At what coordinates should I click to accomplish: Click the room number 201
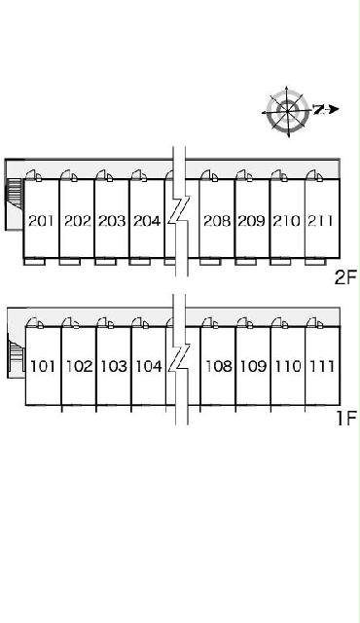coord(41,221)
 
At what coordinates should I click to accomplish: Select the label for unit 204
coord(147,221)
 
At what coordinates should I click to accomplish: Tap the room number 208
coord(217,221)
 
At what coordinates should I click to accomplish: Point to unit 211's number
coord(320,221)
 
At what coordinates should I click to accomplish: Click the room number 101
coord(43,366)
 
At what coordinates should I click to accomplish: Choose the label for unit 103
coord(114,366)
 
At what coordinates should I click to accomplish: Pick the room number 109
coord(254,366)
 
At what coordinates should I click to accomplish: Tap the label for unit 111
coord(322,366)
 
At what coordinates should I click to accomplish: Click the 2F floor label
coord(346,277)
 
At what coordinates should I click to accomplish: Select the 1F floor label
coord(346,418)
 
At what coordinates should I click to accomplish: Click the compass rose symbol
coord(289,111)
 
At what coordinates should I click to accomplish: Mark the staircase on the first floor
coord(17,355)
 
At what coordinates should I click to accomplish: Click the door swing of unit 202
coord(69,175)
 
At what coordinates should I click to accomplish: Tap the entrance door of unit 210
coord(279,175)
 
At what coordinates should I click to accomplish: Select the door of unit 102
coord(71,322)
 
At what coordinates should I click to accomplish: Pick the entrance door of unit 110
coord(281,322)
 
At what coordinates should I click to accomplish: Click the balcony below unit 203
coord(105,262)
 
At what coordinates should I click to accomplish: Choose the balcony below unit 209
coord(245,262)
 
